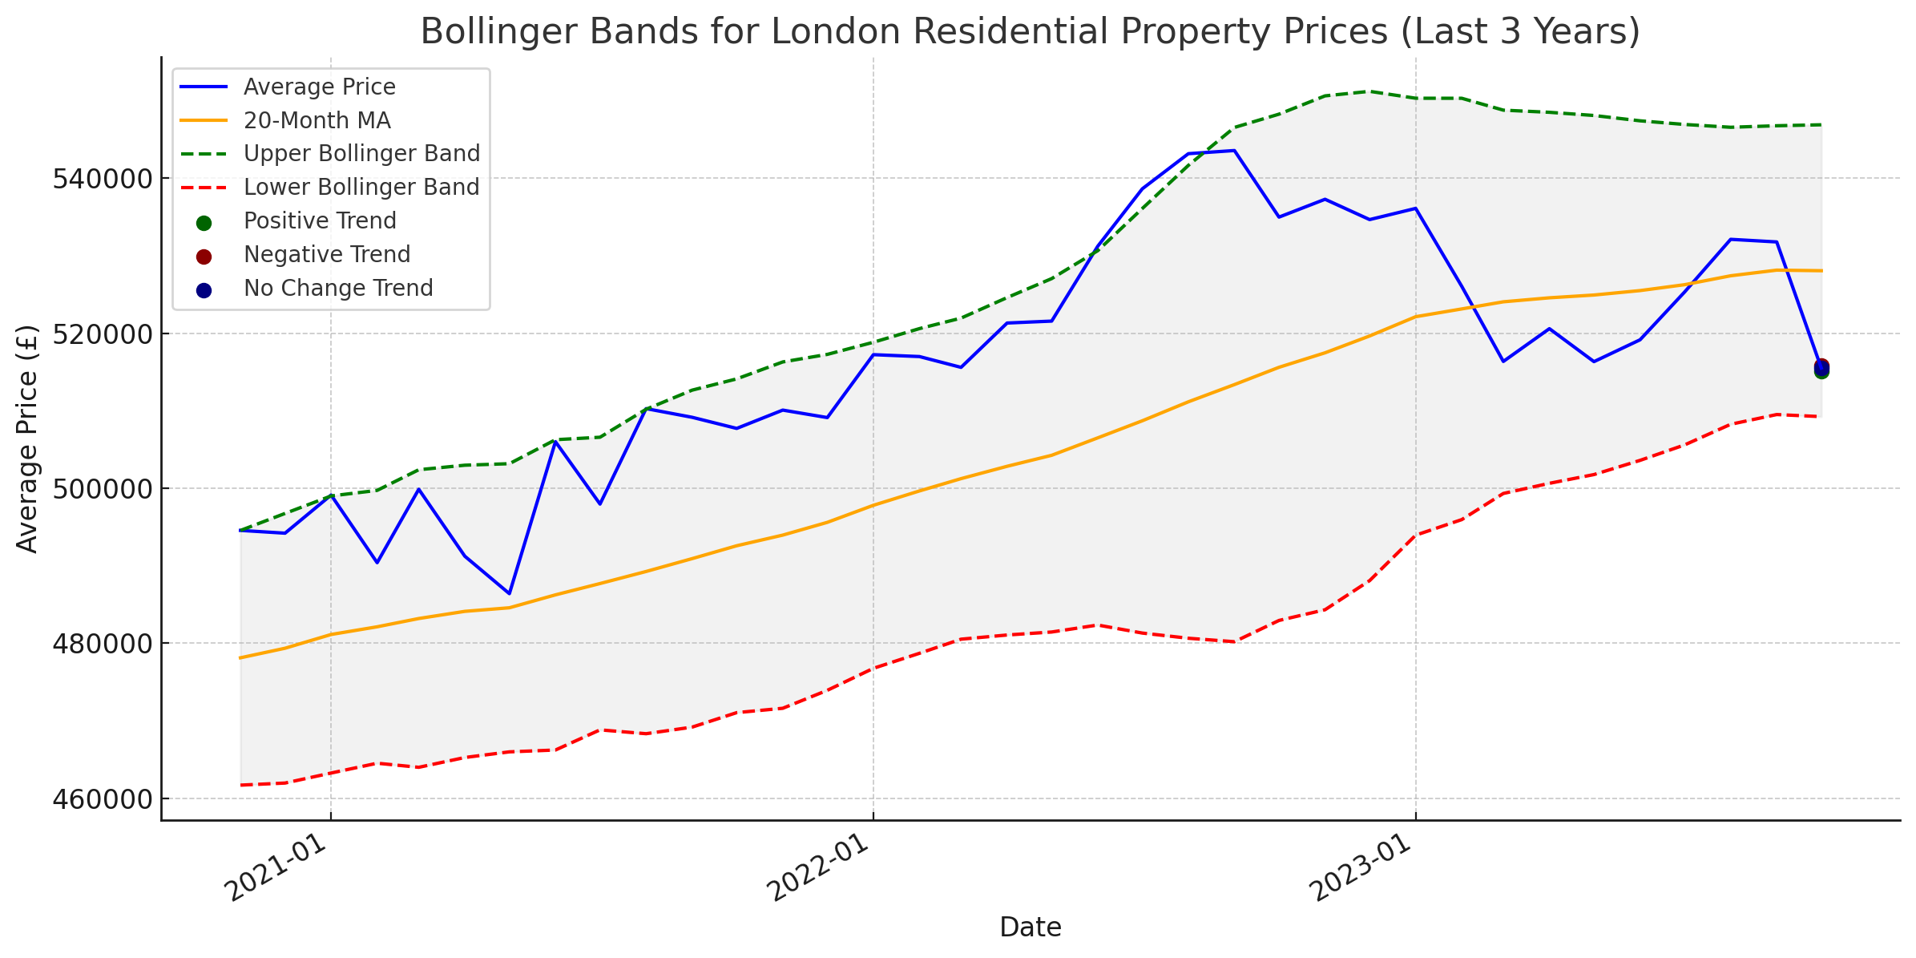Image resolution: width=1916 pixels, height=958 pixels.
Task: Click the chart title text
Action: pos(1030,32)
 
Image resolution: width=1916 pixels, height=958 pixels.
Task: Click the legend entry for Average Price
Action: pos(319,87)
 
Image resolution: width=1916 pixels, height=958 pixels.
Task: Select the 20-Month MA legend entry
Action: pos(317,120)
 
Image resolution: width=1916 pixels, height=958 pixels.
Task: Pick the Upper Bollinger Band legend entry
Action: pos(361,153)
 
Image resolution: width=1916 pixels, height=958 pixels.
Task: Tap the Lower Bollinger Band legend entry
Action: pos(361,187)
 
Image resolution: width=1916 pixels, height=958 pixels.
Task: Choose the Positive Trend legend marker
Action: pos(204,222)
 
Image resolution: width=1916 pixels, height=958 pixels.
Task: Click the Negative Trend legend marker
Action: pos(204,256)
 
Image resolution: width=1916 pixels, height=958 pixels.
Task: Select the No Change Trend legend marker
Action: pos(204,289)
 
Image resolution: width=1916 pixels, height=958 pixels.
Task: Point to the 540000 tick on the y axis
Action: pos(102,178)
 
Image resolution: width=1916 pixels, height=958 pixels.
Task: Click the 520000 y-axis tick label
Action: pos(102,333)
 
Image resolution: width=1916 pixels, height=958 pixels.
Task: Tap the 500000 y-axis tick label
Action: pos(102,488)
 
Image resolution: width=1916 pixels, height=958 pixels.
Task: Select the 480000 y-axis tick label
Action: pos(102,644)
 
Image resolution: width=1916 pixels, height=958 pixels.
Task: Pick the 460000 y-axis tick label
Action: pos(102,798)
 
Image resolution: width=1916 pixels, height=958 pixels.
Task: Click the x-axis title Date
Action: pos(1030,928)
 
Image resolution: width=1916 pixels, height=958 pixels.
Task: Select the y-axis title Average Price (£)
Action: pos(27,439)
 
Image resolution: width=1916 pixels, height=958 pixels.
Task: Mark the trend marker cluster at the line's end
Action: pos(1821,368)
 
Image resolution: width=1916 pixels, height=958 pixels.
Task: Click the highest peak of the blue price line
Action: pos(1234,151)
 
